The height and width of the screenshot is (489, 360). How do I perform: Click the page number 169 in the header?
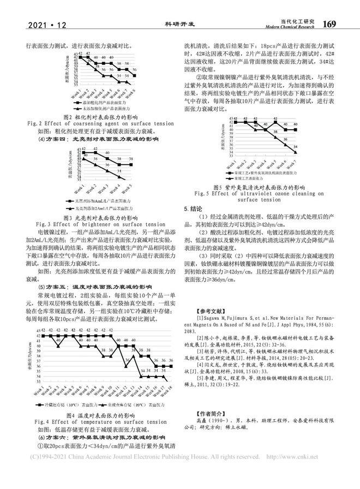pyautogui.click(x=332, y=24)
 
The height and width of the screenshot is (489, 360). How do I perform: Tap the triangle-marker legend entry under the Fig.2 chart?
pyautogui.click(x=99, y=109)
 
